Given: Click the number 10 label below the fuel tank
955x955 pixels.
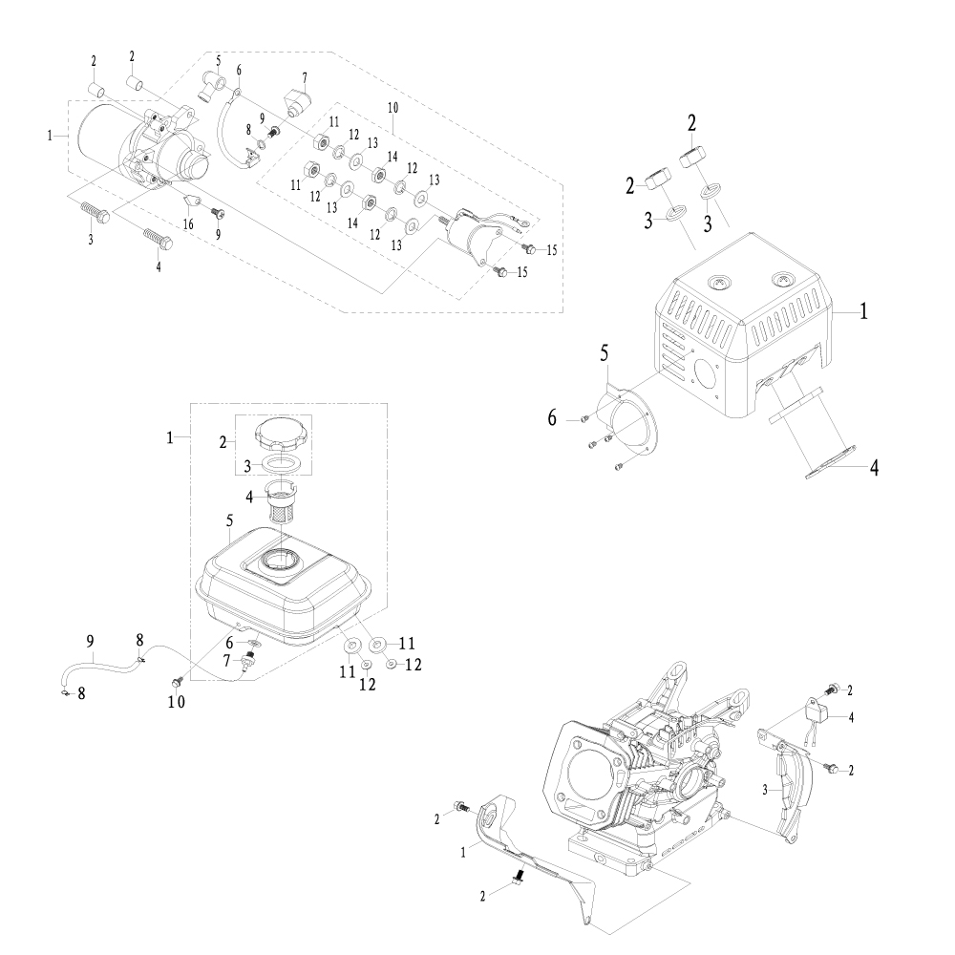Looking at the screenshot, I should [177, 702].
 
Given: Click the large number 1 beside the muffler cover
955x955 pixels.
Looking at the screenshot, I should [862, 311].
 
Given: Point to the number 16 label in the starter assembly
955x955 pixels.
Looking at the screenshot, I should [188, 223].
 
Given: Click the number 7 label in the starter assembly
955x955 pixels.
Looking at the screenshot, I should [304, 76].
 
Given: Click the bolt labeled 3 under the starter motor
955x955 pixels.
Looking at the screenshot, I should [95, 210].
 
